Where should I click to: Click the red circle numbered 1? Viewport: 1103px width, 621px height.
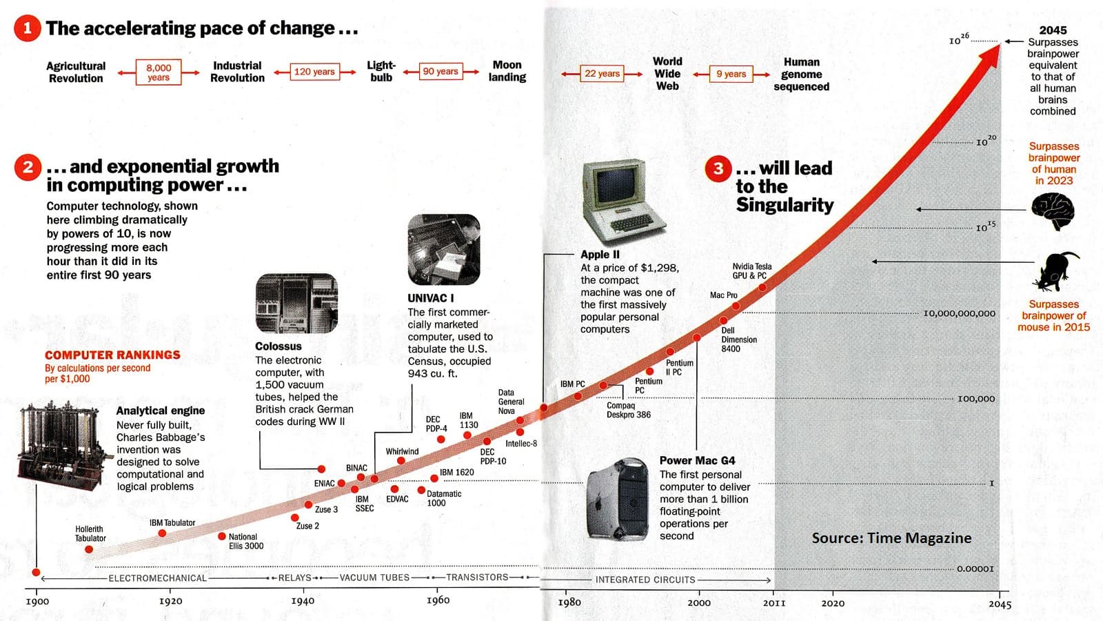(x=28, y=28)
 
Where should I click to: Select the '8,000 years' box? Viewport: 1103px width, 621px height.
(x=159, y=72)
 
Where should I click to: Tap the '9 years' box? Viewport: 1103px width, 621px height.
(x=731, y=74)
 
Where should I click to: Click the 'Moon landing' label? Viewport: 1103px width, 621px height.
(x=507, y=71)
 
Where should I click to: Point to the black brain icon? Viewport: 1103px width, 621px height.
(x=1053, y=210)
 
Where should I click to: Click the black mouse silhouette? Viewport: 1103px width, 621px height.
(x=1055, y=270)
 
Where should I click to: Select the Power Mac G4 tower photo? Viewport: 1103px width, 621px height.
(x=618, y=498)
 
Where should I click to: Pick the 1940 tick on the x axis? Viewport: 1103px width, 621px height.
(x=302, y=600)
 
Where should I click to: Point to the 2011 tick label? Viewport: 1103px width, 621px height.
(x=774, y=602)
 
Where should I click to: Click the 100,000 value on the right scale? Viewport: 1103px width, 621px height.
(x=975, y=399)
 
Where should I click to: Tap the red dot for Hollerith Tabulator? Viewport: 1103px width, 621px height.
(x=89, y=549)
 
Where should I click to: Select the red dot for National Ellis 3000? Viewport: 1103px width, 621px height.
(x=222, y=536)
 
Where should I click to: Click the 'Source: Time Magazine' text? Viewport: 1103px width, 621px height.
(x=891, y=538)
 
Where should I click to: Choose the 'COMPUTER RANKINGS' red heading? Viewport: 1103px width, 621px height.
(x=112, y=355)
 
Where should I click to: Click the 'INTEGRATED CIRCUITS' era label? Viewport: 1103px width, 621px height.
(x=645, y=580)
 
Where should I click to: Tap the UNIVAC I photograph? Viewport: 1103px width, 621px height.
(x=444, y=250)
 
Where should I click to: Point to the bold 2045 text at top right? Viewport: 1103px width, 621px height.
(x=1053, y=30)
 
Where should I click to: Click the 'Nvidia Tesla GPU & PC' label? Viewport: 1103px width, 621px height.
(x=751, y=270)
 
